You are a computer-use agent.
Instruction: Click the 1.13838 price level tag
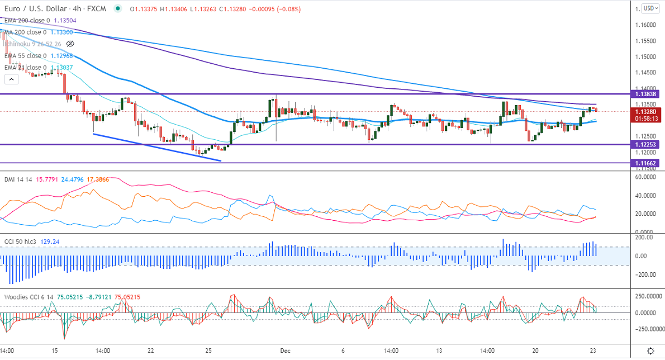(644, 94)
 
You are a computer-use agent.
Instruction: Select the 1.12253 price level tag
(644, 144)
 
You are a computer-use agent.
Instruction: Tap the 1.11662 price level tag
(644, 163)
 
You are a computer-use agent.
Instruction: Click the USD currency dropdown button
(649, 8)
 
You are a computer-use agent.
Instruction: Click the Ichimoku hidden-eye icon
(70, 44)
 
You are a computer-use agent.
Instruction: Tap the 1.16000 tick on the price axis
(648, 25)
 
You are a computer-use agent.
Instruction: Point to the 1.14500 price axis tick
(648, 72)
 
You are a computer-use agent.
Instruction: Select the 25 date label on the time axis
(208, 350)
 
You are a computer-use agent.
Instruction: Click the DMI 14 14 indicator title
(17, 179)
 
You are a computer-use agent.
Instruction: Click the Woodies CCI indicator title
(23, 297)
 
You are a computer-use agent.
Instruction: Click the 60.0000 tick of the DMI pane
(647, 177)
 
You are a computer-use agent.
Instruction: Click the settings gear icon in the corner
(650, 351)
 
